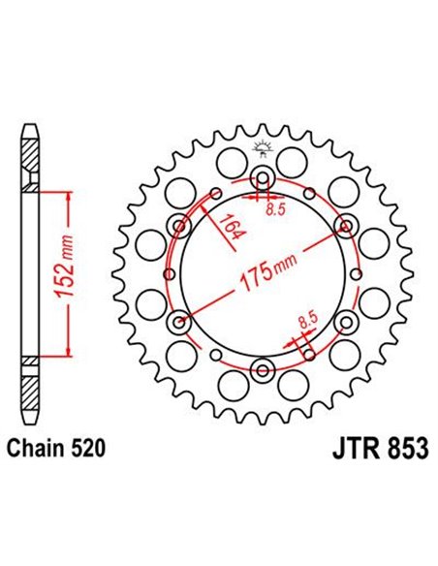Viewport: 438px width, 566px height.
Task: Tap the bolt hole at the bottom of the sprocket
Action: (x=263, y=369)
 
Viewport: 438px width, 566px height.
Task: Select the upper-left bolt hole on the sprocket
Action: (x=180, y=226)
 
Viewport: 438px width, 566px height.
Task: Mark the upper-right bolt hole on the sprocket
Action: (x=345, y=226)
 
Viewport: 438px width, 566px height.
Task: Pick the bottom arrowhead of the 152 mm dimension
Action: (x=66, y=350)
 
